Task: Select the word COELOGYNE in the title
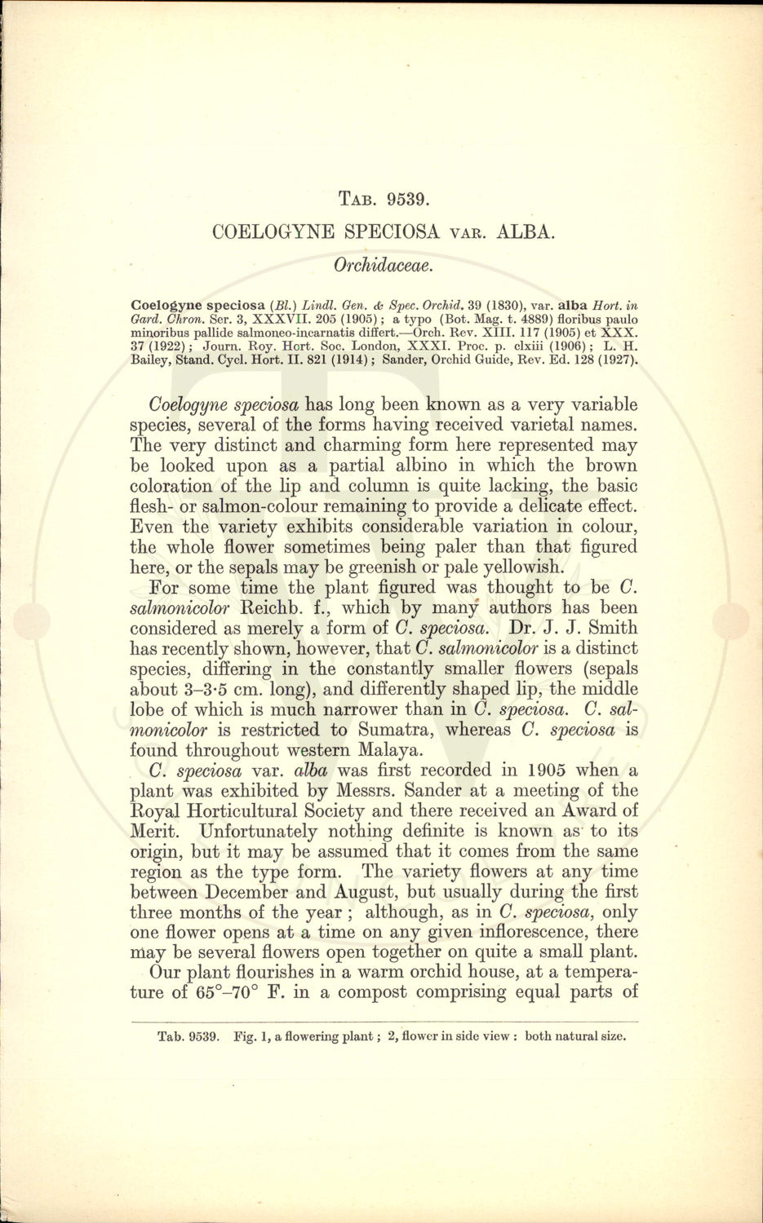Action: tap(274, 232)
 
